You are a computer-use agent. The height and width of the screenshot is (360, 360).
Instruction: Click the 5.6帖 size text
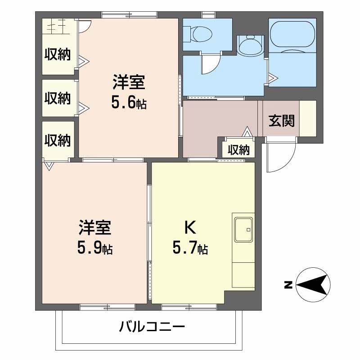[129, 103]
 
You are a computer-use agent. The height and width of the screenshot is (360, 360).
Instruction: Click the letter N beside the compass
[288, 284]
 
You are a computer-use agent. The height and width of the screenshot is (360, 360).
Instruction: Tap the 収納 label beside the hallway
[238, 150]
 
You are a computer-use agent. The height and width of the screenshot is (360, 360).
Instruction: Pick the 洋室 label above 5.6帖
[129, 84]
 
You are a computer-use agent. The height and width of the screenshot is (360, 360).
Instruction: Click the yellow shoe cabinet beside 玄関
[308, 118]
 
